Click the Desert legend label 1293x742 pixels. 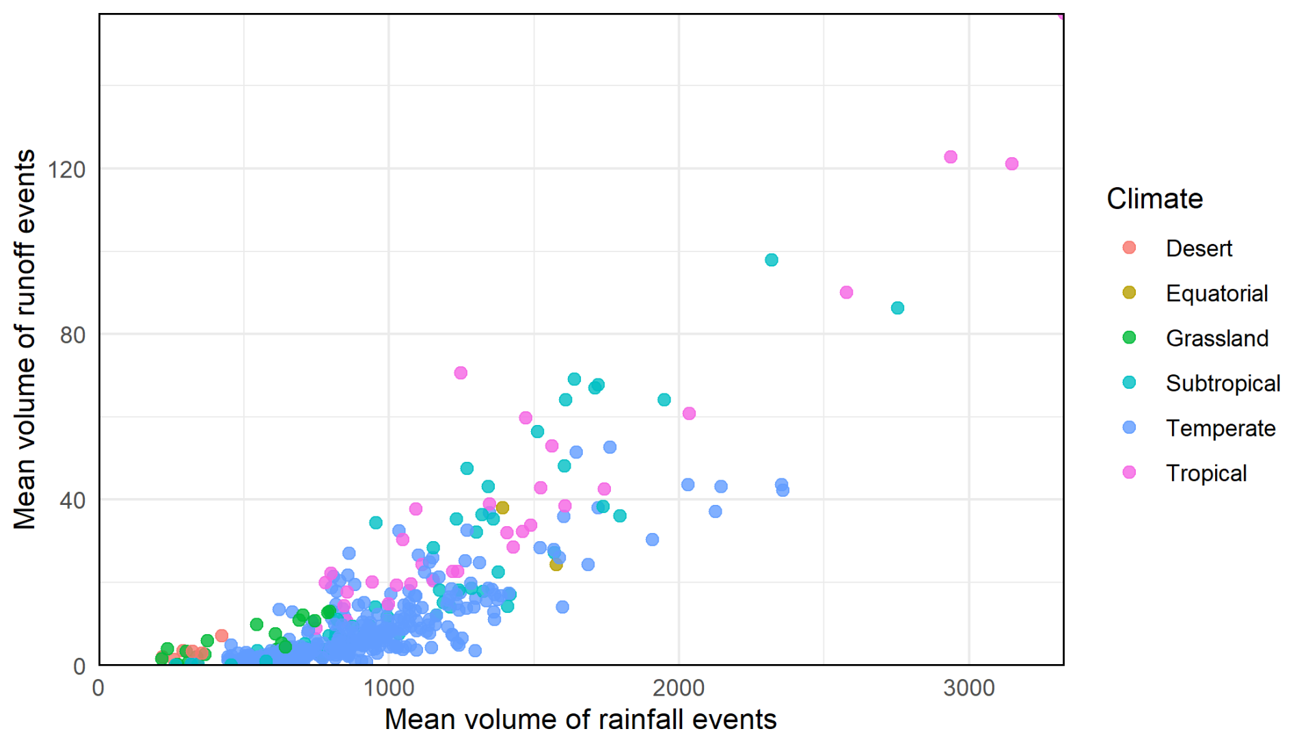coord(1199,248)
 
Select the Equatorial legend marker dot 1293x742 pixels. coord(1129,292)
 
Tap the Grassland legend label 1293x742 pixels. coord(1217,338)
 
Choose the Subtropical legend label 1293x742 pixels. coord(1223,383)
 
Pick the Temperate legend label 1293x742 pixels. coord(1221,428)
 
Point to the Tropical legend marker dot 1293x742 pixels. coord(1129,472)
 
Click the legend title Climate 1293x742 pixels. coord(1154,199)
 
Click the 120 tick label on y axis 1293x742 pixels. coord(67,169)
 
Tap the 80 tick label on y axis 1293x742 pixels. coord(73,335)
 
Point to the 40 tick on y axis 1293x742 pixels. coord(73,500)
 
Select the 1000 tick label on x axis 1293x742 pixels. coord(389,687)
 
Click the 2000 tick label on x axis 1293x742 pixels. coord(679,687)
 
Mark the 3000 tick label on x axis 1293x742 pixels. coord(969,687)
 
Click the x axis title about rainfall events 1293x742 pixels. coord(580,719)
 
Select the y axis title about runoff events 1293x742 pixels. coord(25,339)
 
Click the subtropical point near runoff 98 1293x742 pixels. coord(772,260)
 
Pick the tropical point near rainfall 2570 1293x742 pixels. coord(846,292)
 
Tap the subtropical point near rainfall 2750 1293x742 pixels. coord(897,308)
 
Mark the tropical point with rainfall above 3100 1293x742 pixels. coord(1012,164)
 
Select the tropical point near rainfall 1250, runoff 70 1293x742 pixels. coord(461,373)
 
